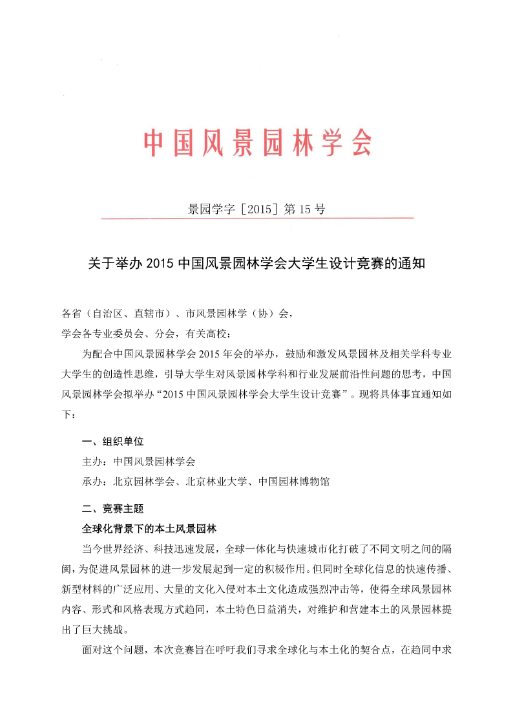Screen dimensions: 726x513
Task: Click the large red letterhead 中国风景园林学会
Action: [257, 142]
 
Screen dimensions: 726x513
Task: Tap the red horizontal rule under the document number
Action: [256, 219]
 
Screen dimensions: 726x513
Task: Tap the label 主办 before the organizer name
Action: [92, 462]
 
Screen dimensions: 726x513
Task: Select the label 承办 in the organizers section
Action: [92, 482]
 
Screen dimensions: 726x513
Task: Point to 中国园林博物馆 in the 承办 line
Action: [294, 482]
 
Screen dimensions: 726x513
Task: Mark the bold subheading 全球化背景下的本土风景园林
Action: [152, 528]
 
